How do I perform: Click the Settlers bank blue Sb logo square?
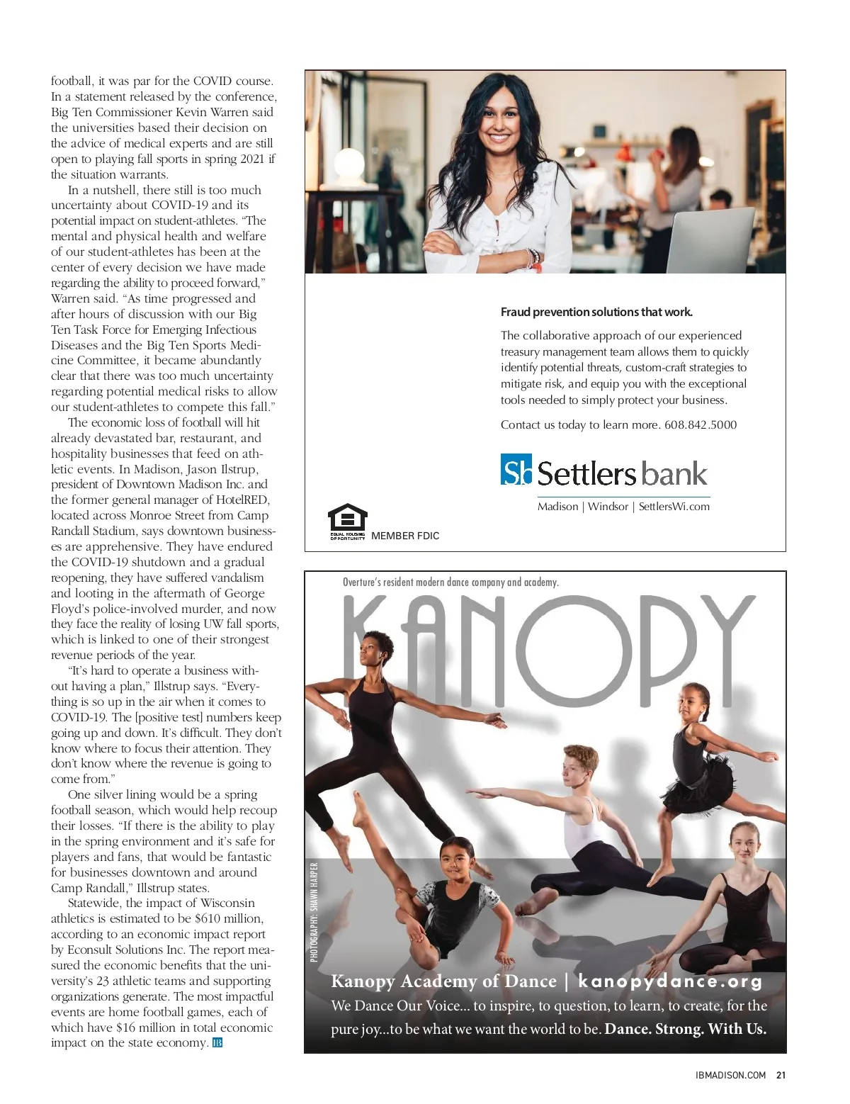pos(516,470)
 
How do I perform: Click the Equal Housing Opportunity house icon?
pos(347,520)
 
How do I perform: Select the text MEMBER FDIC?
pos(404,536)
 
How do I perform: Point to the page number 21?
pos(781,1075)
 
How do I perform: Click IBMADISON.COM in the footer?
pos(730,1075)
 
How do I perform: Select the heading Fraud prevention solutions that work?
pos(596,312)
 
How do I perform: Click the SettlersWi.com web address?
pos(674,507)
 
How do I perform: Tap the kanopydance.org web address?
pos(670,981)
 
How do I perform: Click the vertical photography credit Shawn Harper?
pos(314,911)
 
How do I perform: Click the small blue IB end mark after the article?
pos(217,1043)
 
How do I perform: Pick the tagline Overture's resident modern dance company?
pos(450,582)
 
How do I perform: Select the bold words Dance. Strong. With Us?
pos(685,1029)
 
